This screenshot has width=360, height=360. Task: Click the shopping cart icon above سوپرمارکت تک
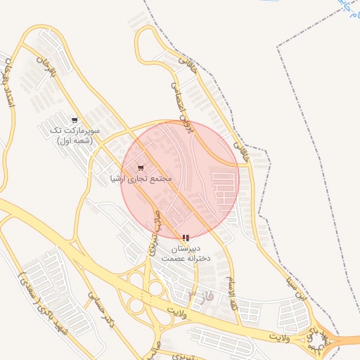(75, 120)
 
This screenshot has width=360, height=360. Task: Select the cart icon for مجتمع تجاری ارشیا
(141, 168)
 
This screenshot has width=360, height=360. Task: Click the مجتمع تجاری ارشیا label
(141, 179)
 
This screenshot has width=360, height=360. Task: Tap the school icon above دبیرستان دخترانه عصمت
(185, 238)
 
